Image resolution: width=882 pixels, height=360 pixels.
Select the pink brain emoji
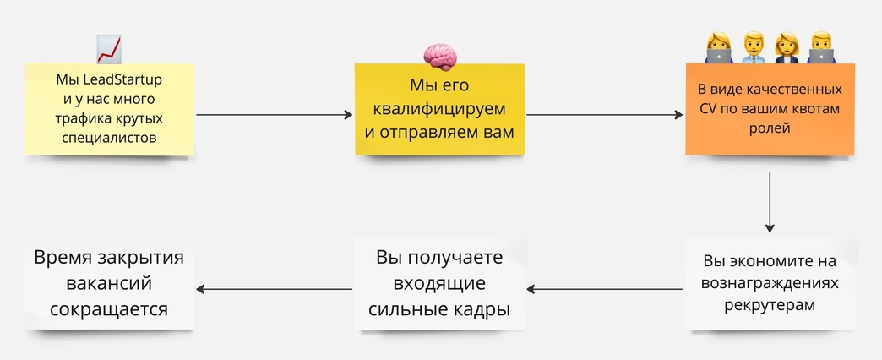click(440, 57)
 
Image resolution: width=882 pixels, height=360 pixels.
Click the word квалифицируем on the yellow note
click(440, 109)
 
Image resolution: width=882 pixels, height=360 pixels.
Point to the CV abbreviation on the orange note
click(707, 108)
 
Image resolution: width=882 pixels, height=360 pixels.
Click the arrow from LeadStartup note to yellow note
click(274, 115)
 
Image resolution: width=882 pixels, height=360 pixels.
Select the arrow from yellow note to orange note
click(605, 115)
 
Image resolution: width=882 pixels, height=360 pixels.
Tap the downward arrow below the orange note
click(770, 202)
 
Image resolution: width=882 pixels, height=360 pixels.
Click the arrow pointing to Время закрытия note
click(274, 289)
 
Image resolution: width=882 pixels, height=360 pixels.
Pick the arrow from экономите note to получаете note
click(605, 289)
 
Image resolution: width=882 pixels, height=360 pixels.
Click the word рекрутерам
click(770, 305)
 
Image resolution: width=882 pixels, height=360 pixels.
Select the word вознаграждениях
click(770, 283)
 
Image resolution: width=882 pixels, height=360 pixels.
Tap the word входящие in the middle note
click(439, 283)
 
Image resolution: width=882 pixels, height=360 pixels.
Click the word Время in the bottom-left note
click(63, 257)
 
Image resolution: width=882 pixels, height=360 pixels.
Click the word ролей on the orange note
click(770, 128)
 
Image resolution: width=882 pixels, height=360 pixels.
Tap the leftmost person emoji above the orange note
click(718, 47)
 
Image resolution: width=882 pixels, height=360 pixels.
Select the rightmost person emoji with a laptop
click(821, 47)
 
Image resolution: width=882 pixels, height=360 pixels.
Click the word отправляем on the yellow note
click(433, 134)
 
